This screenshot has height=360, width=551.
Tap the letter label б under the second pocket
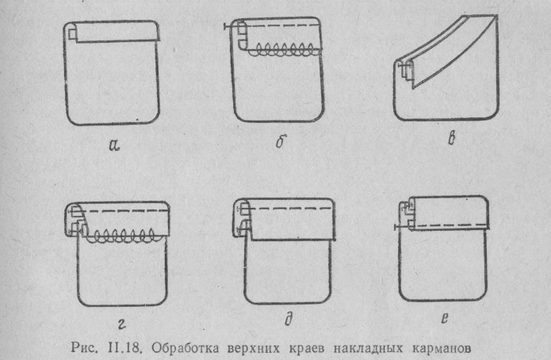point(280,145)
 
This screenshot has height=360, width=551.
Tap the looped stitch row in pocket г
point(122,236)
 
